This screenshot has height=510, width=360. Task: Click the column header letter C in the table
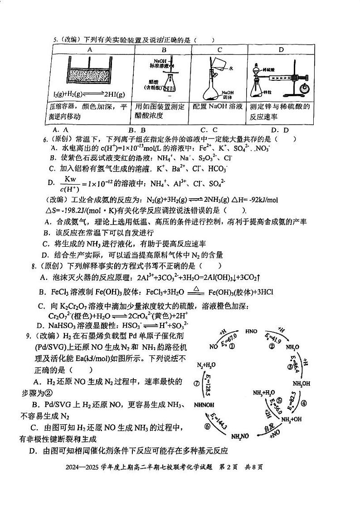(219, 50)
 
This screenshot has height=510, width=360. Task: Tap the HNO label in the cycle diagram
(251, 331)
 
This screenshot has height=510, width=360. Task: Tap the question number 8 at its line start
(33, 266)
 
